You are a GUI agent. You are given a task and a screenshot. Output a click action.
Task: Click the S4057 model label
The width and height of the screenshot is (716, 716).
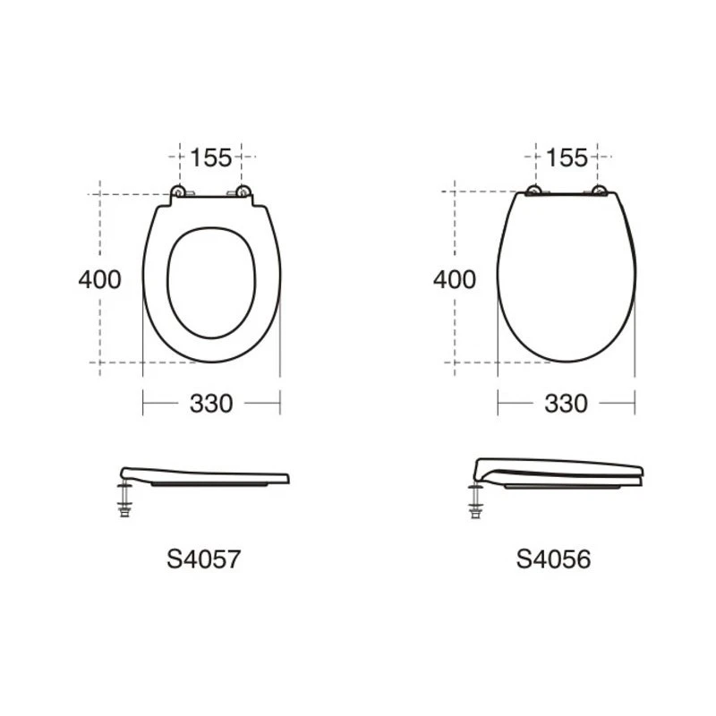tap(204, 558)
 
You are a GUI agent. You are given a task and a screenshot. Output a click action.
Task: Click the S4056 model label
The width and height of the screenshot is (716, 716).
tap(553, 558)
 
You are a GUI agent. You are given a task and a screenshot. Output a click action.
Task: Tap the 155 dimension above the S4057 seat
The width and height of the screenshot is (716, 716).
tap(210, 158)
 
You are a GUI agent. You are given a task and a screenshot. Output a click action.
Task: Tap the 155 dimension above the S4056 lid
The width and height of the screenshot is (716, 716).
tap(567, 158)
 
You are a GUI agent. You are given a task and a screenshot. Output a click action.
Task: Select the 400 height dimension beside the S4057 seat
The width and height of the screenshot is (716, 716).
tap(100, 279)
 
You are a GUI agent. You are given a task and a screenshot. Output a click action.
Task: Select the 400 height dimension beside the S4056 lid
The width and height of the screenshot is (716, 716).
tap(455, 279)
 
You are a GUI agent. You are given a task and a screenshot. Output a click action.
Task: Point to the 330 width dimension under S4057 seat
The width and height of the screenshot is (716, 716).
tap(211, 404)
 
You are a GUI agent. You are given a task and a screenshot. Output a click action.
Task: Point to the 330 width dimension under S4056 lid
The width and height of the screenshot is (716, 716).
tap(567, 404)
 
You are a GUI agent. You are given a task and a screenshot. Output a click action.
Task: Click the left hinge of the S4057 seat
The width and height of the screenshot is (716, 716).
tap(178, 192)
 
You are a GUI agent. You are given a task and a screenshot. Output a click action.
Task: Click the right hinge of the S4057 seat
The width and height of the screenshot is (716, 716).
tap(243, 192)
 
